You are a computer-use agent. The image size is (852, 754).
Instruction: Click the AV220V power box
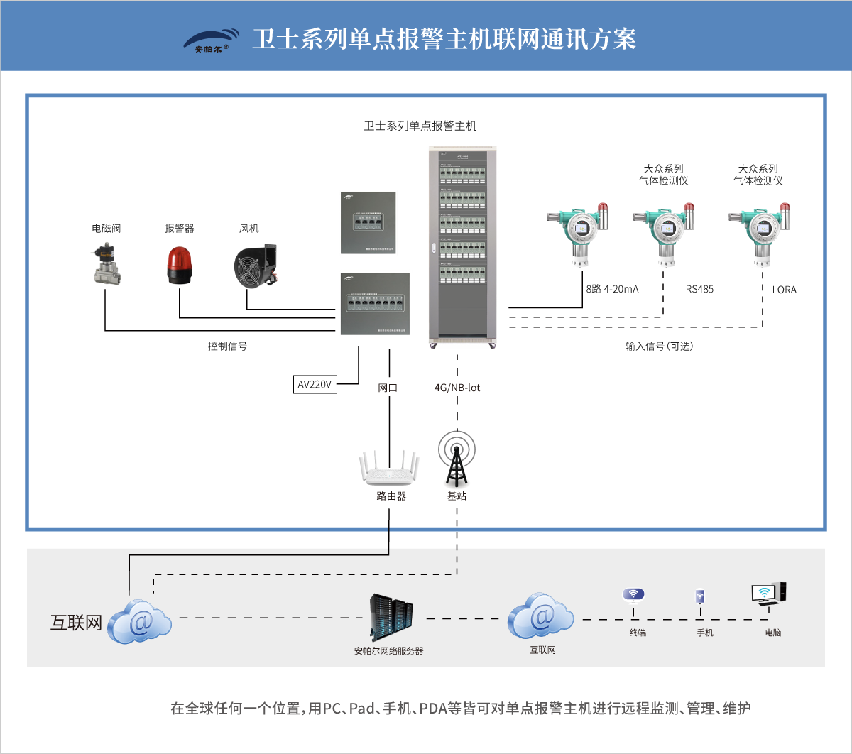(315, 384)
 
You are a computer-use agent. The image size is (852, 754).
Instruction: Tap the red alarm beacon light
(179, 266)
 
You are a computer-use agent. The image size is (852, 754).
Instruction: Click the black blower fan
(256, 266)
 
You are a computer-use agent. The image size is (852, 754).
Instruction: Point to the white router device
(388, 469)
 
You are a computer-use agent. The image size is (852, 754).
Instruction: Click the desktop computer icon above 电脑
(768, 594)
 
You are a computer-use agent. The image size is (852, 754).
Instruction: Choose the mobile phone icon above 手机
(701, 596)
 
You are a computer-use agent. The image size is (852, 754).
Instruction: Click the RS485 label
(699, 290)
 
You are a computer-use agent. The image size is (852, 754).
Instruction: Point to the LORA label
(785, 290)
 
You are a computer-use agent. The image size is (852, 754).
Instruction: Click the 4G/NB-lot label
(457, 388)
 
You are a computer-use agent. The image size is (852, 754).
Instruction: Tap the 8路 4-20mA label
(612, 290)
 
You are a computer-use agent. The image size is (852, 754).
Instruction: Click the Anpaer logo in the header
(211, 41)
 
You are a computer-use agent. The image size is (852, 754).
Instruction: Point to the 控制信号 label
(227, 346)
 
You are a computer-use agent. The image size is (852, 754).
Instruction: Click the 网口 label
(388, 388)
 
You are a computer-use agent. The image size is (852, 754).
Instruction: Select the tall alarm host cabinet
(462, 245)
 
